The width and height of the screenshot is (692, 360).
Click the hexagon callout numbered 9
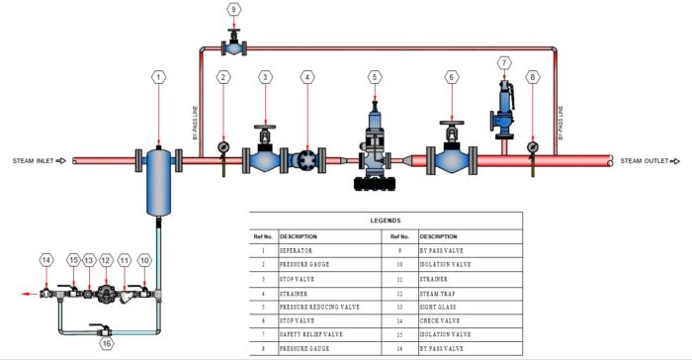233,9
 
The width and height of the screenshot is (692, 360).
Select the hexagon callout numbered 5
375,76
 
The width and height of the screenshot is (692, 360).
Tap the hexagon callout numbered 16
107,343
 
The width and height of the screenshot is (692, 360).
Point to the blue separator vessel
158,182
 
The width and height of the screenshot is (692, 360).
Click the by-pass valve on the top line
233,45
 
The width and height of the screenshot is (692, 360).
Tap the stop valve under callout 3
265,157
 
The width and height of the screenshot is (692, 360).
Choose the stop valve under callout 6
452,157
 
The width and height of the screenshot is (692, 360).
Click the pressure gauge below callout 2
223,147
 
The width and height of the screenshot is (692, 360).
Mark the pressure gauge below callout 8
533,147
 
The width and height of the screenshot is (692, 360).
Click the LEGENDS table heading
385,220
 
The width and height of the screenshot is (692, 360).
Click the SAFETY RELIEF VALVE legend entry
314,335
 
